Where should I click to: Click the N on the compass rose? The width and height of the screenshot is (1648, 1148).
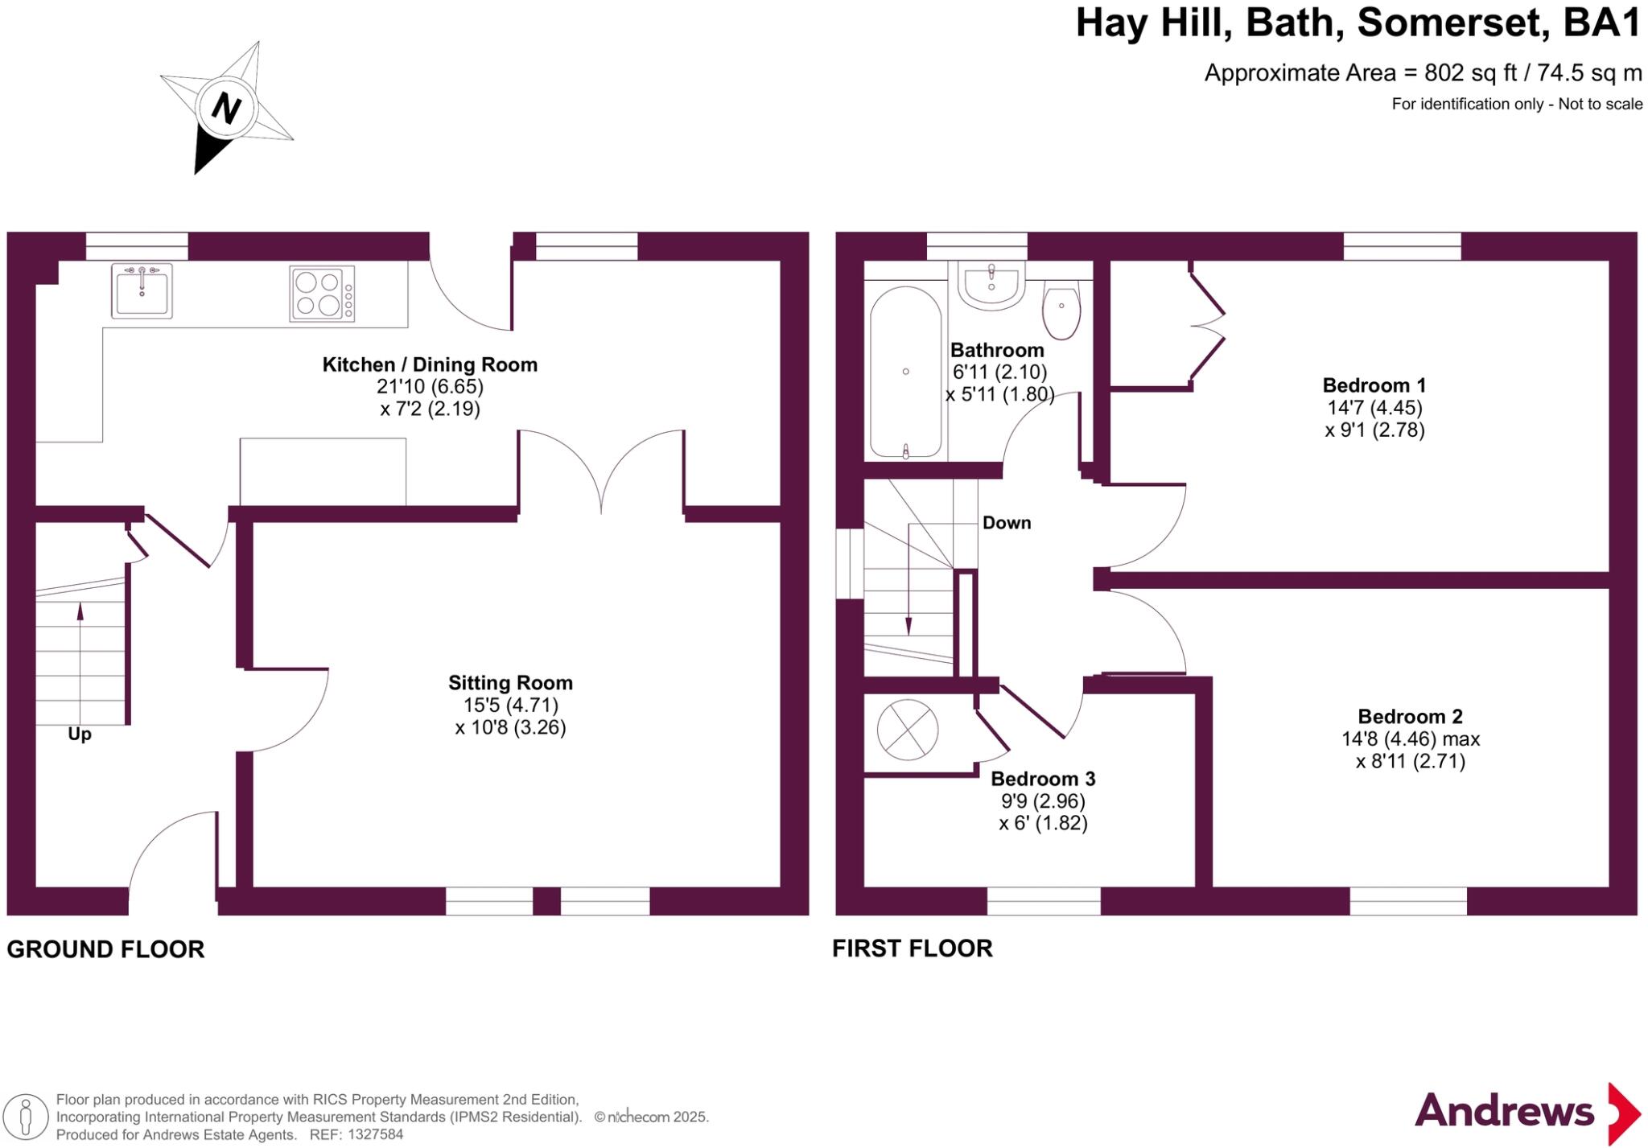226,108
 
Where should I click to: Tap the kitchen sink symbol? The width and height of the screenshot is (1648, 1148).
142,290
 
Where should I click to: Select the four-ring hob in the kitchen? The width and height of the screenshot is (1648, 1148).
321,294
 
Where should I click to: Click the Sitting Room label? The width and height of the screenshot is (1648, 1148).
510,683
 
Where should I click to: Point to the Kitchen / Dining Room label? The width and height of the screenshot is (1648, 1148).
430,364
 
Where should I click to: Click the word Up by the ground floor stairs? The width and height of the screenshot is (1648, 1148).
80,734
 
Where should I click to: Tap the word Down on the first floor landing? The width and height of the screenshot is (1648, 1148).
1007,523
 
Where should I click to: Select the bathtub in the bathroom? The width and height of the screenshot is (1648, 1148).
906,372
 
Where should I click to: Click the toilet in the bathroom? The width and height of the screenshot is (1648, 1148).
1061,310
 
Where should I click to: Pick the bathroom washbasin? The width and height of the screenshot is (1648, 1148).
991,286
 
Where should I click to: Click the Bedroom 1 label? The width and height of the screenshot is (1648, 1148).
1374,385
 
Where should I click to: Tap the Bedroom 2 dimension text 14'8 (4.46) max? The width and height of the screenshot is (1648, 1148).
1410,739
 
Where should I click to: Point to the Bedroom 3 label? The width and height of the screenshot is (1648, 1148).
1043,779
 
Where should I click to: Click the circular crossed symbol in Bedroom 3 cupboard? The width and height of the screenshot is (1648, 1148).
907,730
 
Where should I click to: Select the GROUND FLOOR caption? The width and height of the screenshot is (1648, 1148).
105,949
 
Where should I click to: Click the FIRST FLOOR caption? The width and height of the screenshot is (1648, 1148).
912,948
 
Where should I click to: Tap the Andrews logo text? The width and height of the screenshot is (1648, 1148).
1504,1111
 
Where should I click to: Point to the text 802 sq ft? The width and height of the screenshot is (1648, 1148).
1470,73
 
